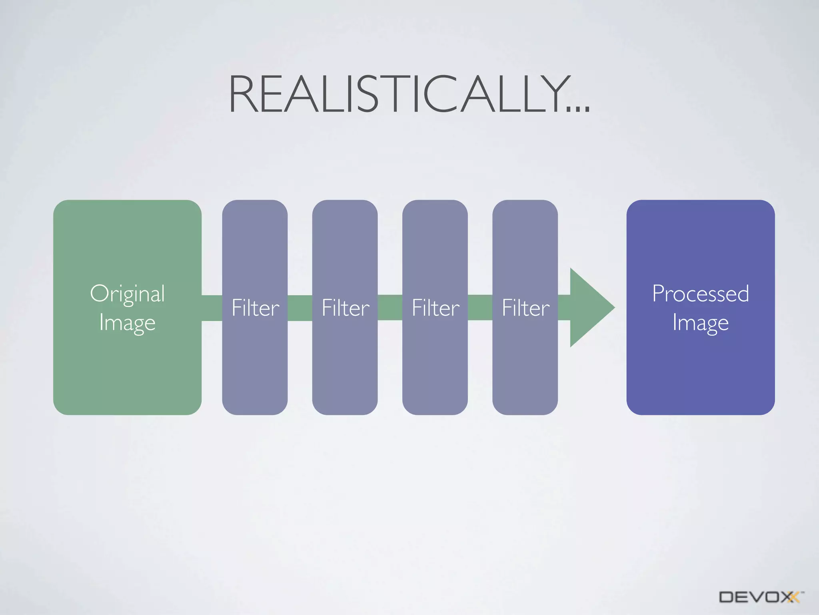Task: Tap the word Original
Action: tap(127, 293)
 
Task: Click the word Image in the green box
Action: tap(127, 322)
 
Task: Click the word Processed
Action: tap(700, 293)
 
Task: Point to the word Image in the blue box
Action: tap(700, 322)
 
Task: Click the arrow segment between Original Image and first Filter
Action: tap(212, 307)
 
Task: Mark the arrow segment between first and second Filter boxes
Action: tap(300, 307)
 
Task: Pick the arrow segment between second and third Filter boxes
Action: tap(390, 307)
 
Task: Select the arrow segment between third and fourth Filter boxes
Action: tap(480, 307)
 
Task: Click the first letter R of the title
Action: tap(242, 94)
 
